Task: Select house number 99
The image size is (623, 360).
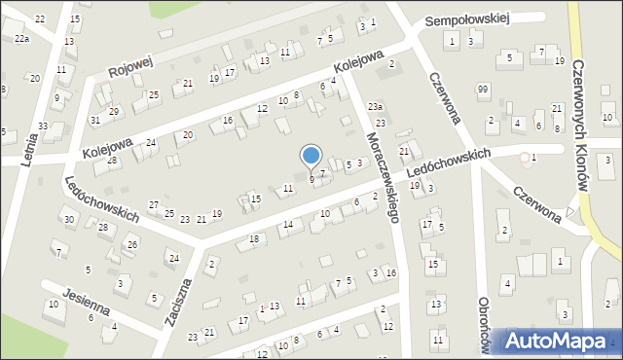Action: [x=483, y=90]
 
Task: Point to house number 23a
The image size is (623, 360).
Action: [x=375, y=106]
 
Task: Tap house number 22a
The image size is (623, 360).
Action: [x=21, y=38]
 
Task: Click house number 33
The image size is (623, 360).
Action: [x=44, y=126]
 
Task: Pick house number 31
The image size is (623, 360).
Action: [x=94, y=120]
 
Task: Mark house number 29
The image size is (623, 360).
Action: [x=114, y=112]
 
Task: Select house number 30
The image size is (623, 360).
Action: [x=68, y=220]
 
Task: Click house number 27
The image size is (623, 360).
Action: [x=153, y=204]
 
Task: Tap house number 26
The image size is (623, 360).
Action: [x=132, y=244]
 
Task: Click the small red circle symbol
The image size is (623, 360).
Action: [x=525, y=157]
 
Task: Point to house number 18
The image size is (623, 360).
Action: [x=254, y=238]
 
